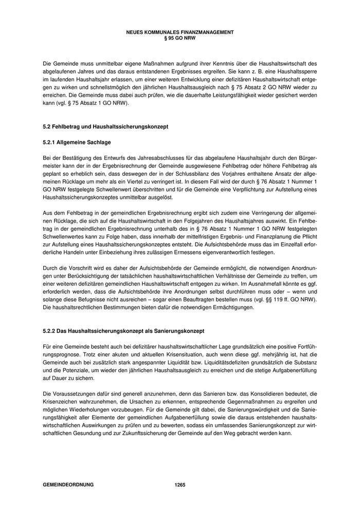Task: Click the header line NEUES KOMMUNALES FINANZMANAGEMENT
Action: coord(179,32)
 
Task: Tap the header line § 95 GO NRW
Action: coord(179,38)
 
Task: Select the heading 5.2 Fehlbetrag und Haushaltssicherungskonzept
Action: coord(105,126)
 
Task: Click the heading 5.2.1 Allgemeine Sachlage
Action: coord(77,141)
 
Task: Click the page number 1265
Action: coord(179,485)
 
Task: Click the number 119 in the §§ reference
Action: coord(283,298)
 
